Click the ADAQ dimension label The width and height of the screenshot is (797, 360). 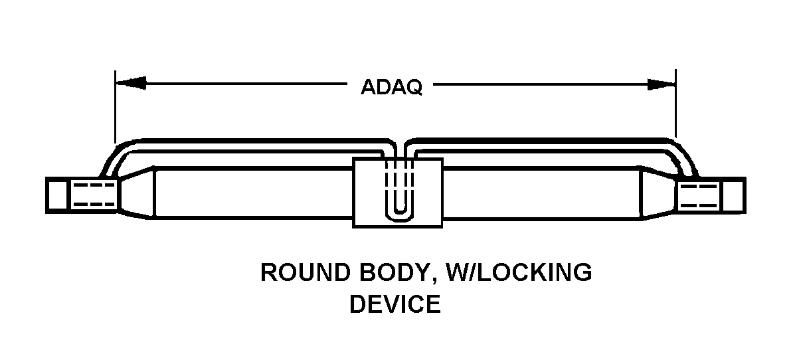(391, 87)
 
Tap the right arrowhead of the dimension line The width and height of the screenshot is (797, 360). (662, 84)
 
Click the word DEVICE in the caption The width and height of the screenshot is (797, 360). (395, 304)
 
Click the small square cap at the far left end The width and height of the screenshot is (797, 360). (57, 195)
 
